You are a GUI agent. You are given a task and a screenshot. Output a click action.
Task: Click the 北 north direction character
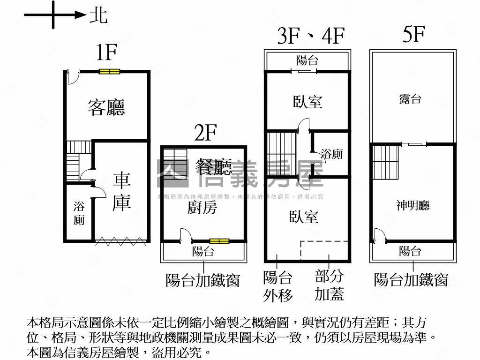[x=98, y=15]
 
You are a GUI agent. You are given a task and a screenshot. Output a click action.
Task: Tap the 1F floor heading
[x=106, y=52]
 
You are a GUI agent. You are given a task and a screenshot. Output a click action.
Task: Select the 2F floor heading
[x=205, y=134]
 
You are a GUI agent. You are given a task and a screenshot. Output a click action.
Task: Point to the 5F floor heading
[x=413, y=35]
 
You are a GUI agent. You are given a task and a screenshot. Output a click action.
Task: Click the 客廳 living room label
[x=106, y=108]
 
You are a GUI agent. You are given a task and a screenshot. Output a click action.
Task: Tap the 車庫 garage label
[x=121, y=191]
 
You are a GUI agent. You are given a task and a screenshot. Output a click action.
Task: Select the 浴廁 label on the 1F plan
[x=79, y=213]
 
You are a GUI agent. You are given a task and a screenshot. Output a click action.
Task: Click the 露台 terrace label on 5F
[x=410, y=99]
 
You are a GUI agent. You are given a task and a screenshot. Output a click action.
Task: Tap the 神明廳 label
[x=412, y=205]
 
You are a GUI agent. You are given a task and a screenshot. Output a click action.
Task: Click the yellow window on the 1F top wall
[x=110, y=71]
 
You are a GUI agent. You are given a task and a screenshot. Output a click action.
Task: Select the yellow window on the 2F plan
[x=219, y=241]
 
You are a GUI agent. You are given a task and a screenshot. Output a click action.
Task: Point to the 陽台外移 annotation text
[x=278, y=286]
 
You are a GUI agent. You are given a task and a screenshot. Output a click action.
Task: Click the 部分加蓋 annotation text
[x=329, y=285]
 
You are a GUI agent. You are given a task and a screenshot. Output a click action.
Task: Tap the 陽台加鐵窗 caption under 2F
[x=203, y=280]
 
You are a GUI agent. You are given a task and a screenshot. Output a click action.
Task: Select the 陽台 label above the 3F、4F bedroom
[x=307, y=60]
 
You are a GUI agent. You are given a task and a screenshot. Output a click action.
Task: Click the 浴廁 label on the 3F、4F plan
[x=331, y=154]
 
